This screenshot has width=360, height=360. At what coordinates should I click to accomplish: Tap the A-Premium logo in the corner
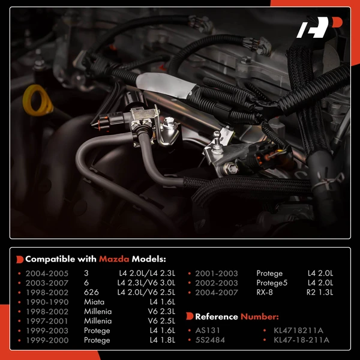(x=319, y=27)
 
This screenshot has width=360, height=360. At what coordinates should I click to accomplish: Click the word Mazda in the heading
(x=114, y=259)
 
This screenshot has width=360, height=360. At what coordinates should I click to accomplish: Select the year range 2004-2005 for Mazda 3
(x=47, y=273)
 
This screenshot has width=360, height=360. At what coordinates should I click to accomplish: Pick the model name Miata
(x=94, y=302)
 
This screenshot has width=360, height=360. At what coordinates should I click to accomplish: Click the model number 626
(x=91, y=292)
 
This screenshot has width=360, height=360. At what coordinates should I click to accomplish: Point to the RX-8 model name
(x=265, y=292)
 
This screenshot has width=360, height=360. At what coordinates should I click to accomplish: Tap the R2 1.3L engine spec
(x=320, y=292)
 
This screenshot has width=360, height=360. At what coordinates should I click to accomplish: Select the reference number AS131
(x=208, y=330)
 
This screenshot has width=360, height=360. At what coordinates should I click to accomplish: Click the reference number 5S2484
(x=210, y=340)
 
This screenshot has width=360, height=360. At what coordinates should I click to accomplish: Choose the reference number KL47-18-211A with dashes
(x=301, y=340)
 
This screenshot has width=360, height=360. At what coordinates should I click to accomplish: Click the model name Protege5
(x=272, y=283)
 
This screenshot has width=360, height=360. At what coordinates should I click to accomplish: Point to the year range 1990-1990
(x=47, y=302)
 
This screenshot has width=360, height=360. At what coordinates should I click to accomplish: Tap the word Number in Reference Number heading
(x=259, y=317)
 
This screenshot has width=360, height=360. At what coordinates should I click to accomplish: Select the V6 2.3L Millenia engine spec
(x=161, y=311)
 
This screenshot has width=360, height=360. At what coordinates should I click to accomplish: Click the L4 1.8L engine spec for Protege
(x=163, y=340)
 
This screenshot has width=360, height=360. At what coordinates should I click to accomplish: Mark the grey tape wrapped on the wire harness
(x=166, y=85)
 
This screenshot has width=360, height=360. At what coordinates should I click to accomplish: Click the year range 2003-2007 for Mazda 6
(x=47, y=283)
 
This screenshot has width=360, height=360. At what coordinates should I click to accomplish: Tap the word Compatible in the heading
(x=50, y=259)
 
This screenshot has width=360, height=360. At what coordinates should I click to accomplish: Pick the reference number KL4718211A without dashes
(x=298, y=330)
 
